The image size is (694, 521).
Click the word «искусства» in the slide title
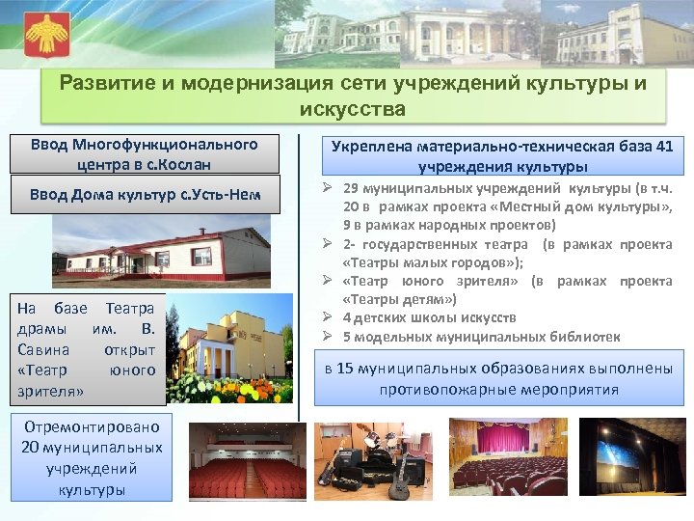[352, 108]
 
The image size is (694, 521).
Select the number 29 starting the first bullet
[351, 189]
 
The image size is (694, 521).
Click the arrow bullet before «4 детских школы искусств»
[328, 317]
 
